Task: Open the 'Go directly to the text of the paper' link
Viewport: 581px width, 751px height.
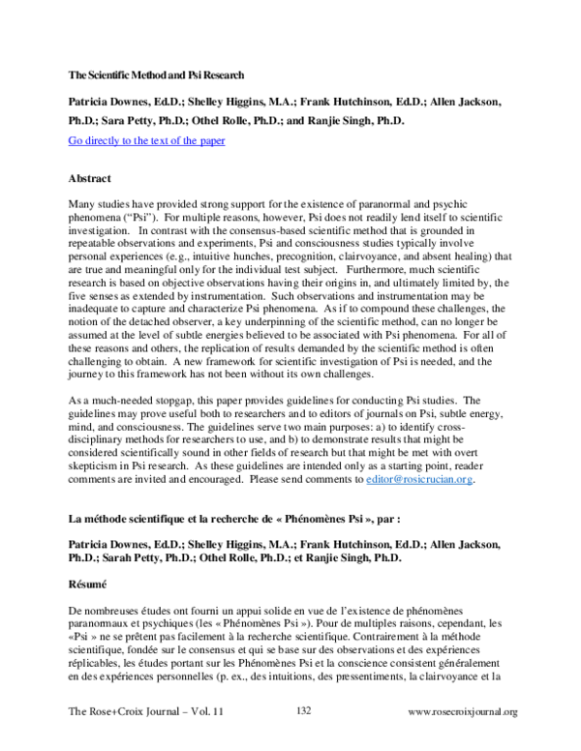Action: click(146, 140)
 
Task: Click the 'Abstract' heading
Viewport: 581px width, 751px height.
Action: click(90, 179)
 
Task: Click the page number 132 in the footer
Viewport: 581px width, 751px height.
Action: click(304, 710)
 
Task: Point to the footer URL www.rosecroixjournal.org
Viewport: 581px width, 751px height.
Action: click(463, 711)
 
